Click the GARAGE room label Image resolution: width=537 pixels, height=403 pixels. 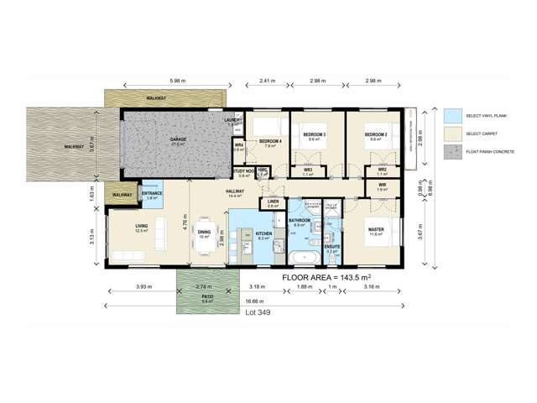tap(178, 139)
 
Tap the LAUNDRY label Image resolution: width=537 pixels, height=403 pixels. tap(233, 121)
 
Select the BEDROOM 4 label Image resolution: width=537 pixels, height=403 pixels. tap(269, 140)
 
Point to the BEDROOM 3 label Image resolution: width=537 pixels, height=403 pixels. tap(314, 134)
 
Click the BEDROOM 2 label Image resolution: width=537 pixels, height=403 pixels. tap(375, 134)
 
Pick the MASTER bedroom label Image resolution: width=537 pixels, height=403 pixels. tap(375, 230)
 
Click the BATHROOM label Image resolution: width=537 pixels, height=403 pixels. tap(300, 221)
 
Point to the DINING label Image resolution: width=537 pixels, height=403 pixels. tap(204, 233)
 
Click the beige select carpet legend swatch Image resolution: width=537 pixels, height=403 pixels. tap(453, 133)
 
